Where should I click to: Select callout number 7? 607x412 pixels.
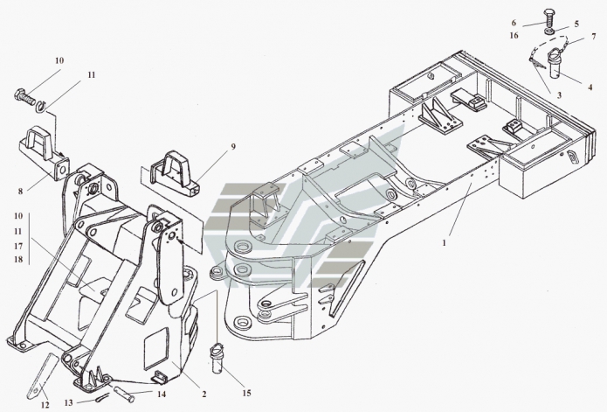click(593, 37)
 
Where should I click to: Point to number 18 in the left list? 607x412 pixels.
click(19, 260)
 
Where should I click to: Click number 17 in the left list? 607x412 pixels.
click(19, 245)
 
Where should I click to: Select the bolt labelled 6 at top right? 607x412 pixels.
click(548, 16)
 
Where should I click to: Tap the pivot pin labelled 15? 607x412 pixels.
click(217, 358)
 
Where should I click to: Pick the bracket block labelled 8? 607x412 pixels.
click(45, 151)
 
